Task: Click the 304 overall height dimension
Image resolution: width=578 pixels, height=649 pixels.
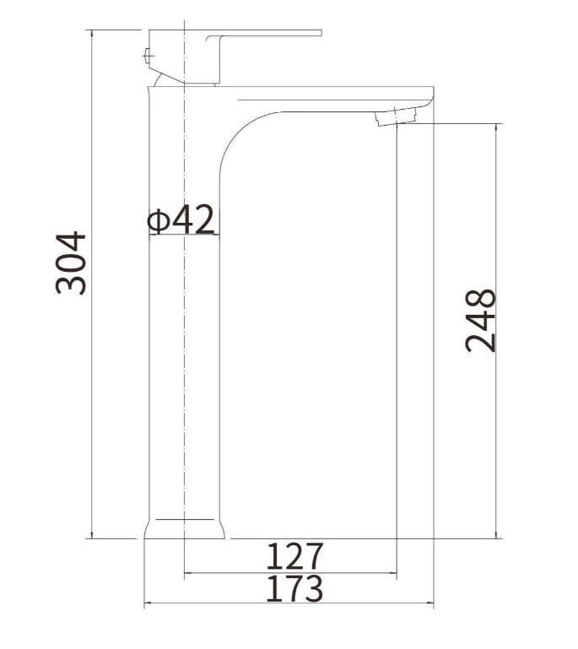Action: point(71,263)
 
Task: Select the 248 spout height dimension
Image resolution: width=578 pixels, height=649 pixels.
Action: point(480,322)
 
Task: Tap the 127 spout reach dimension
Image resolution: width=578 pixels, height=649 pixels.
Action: point(294,557)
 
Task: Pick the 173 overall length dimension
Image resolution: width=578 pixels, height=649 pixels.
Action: point(294,588)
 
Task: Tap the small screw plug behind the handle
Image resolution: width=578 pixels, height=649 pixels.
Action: point(149,55)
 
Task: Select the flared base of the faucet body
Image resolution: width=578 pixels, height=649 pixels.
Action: point(185,529)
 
